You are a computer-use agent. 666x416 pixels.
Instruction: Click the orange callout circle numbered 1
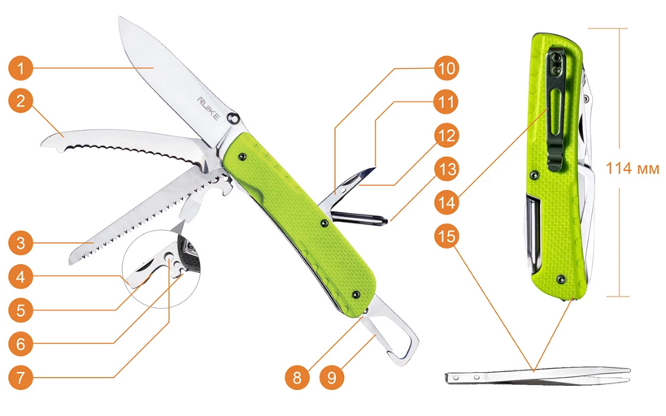coord(20,68)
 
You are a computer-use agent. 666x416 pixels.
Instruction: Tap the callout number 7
coord(20,377)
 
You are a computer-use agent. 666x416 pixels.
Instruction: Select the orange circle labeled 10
coord(446,68)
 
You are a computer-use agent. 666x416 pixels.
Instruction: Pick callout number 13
coord(446,169)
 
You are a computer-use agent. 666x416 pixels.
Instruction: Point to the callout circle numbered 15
coord(446,236)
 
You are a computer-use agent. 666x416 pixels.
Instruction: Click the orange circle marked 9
coord(332,377)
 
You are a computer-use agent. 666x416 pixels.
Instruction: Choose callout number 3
coord(20,243)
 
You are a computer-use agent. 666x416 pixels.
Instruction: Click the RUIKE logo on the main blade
coord(208,109)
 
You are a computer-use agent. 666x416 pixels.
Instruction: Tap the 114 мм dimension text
coord(632,168)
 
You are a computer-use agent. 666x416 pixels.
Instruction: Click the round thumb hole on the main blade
coord(233,119)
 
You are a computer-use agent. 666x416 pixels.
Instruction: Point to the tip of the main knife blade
coord(120,17)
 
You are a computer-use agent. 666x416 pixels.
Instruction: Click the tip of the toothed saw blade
coord(70,263)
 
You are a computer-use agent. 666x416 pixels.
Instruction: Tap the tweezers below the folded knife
coord(538,376)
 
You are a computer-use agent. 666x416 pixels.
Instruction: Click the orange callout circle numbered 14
coord(446,202)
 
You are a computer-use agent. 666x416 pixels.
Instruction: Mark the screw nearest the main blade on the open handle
coord(242,157)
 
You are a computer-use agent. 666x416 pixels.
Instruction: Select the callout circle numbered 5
coord(20,310)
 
